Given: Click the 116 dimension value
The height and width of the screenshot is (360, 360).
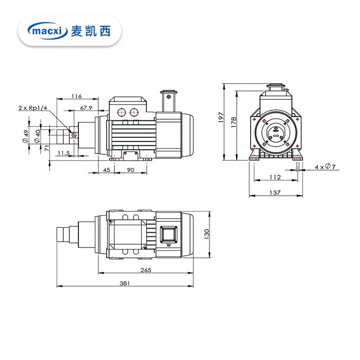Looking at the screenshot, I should point(76,96).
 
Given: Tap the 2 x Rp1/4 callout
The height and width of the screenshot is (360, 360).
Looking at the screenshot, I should point(33,108).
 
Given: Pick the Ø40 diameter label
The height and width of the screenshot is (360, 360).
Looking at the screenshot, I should point(37,134).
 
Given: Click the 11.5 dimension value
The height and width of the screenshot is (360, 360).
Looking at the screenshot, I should point(63,153).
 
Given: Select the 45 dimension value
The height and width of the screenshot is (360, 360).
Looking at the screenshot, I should point(107,170).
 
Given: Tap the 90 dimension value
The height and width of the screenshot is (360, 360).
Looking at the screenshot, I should point(130,170).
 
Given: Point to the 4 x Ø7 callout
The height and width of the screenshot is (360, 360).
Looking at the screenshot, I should point(324,167).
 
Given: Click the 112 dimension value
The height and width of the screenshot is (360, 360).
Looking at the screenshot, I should point(275,177).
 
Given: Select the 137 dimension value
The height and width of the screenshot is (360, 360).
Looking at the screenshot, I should point(275,193).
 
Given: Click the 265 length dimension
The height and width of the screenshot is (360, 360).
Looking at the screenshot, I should point(145,270).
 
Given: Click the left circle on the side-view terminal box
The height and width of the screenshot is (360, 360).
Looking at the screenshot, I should point(121,112).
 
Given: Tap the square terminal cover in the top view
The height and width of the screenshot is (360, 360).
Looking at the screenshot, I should point(169,234).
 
